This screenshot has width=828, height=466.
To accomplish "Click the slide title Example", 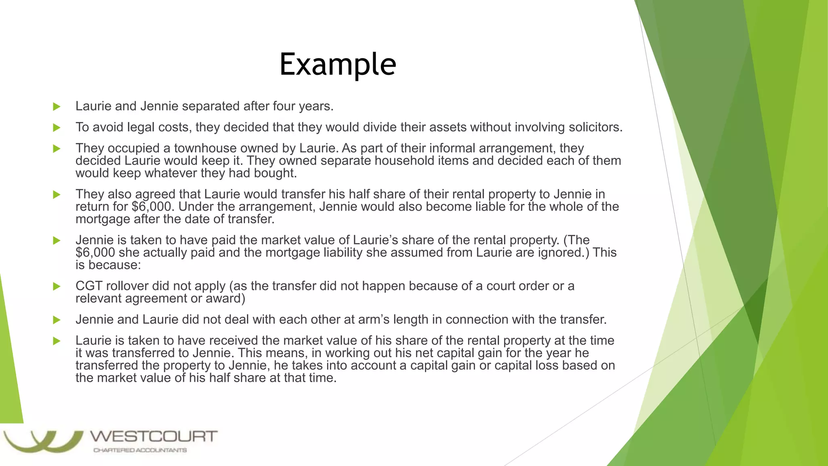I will click(338, 64).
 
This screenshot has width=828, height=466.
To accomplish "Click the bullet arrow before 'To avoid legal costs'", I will click(57, 128).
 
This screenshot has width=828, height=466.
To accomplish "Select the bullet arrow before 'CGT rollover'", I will click(57, 287).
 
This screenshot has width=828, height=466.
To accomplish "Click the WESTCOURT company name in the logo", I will click(154, 437).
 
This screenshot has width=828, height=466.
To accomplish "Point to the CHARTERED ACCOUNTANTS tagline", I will click(140, 450).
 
